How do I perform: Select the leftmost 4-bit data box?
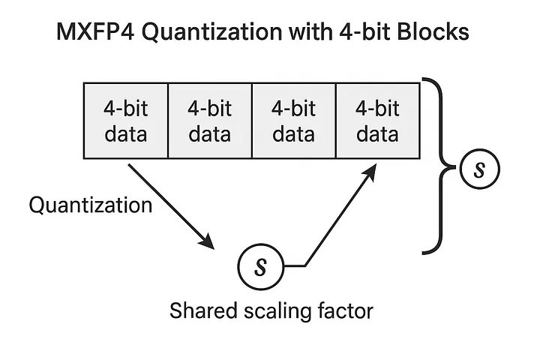coord(124,121)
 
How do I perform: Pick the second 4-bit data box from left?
coord(210,121)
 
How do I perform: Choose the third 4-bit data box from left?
coord(293,121)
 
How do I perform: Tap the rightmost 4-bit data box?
coord(377,121)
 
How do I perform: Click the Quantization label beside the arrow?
coord(90,204)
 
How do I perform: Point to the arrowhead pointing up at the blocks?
coord(370,171)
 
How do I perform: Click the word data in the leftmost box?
coord(126,134)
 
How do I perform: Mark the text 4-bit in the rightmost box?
coord(377,108)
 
